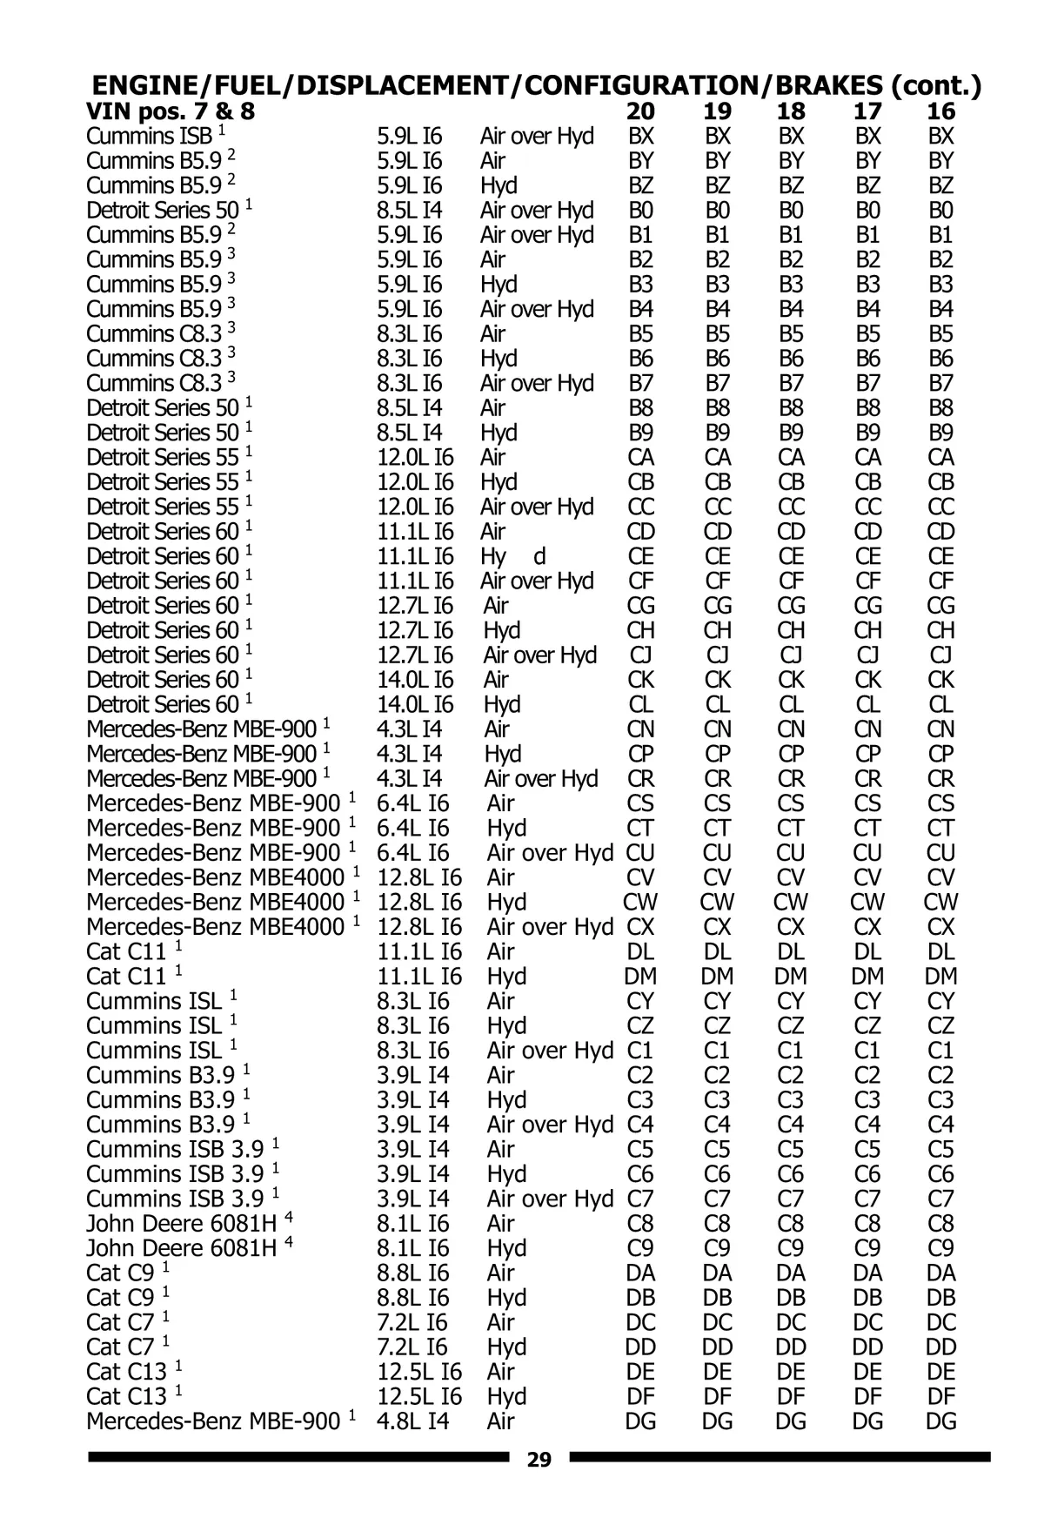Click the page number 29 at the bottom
tap(539, 1461)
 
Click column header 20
tap(641, 111)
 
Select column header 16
tap(941, 111)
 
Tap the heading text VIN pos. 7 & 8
tap(171, 111)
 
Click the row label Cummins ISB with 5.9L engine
tap(149, 137)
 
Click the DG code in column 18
tap(792, 1421)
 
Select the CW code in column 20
tap(641, 903)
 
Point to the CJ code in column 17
tap(868, 655)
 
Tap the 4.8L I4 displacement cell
tap(413, 1421)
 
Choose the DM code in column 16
tap(941, 977)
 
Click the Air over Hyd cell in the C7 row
tap(550, 1199)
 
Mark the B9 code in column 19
tap(718, 433)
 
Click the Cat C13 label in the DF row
tap(126, 1397)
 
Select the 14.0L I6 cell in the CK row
tap(416, 680)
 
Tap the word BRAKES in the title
tap(826, 85)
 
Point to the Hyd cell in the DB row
tap(507, 1298)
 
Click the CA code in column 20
tap(641, 458)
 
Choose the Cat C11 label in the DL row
tap(126, 952)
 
